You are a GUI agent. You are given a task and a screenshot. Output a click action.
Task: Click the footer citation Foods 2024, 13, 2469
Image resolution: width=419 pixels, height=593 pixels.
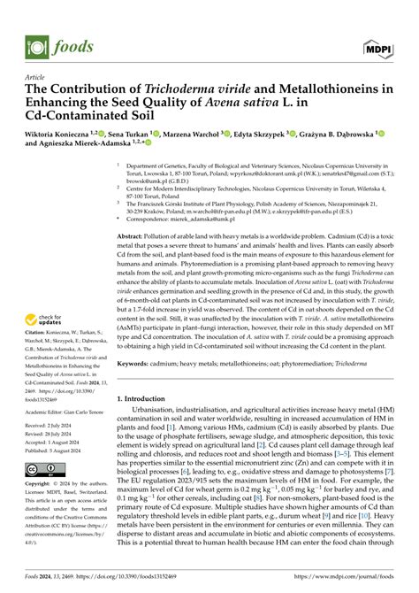pos(54,584)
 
